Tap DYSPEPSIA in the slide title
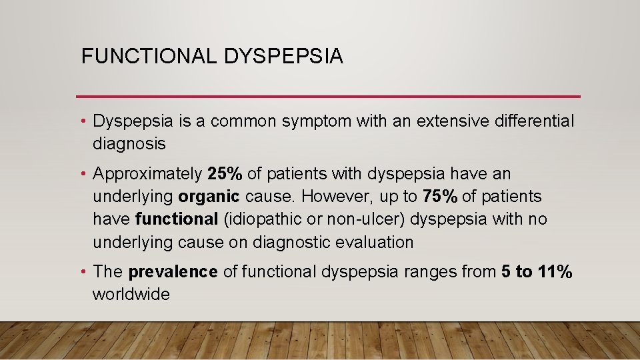tap(284, 57)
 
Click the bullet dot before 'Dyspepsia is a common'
tap(85, 121)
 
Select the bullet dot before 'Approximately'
tap(85, 175)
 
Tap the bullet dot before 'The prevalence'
tap(85, 272)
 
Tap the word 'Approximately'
tap(147, 175)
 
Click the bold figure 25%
tap(226, 175)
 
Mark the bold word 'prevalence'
tap(173, 272)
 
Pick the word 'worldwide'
tap(131, 295)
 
